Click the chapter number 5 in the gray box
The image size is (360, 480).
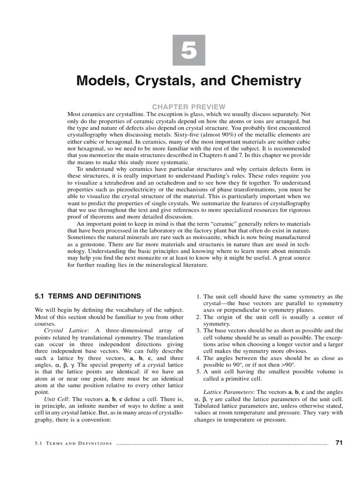coord(189,50)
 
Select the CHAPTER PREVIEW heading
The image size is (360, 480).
coord(189,107)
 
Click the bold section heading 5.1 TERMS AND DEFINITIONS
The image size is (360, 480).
coord(88,296)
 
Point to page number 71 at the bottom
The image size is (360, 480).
coord(339,442)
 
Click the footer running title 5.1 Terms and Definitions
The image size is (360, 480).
coord(74,443)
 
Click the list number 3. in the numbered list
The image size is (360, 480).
coord(198,330)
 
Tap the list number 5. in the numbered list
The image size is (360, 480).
coord(198,371)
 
